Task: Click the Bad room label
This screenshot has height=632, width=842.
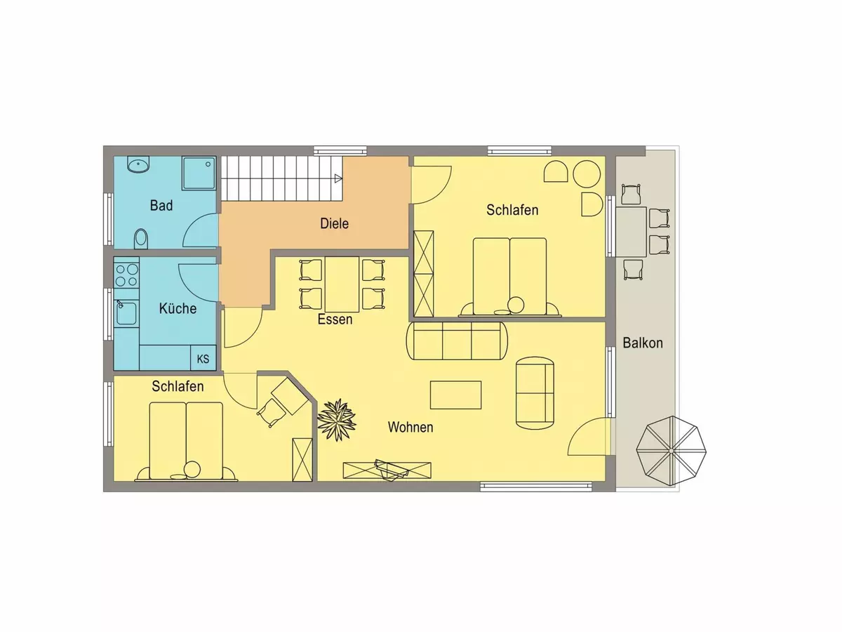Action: point(161,206)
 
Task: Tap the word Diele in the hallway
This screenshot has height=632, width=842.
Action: point(334,224)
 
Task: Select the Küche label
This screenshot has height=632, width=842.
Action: point(178,308)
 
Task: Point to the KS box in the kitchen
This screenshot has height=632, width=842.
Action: point(203,357)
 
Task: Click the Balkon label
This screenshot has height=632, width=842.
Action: point(643,343)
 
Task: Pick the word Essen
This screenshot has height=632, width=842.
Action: point(335,320)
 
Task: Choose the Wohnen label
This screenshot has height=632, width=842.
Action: point(410,427)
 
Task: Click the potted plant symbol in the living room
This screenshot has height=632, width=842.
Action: point(337,420)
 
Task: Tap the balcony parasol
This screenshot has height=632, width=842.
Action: point(671,451)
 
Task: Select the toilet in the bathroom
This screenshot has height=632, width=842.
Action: point(141,239)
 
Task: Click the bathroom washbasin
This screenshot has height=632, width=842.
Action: point(138,164)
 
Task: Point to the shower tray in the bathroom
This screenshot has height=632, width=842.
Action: point(199,173)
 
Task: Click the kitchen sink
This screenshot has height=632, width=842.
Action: point(126,313)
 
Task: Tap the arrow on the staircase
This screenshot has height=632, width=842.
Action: point(338,178)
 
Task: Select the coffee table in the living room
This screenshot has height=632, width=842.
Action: point(455,395)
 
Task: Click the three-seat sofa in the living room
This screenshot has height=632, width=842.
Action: point(457,341)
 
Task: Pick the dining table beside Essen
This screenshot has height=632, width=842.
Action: point(342,284)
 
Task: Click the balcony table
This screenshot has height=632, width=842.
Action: point(631,232)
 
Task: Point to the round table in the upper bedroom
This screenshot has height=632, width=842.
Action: point(587,174)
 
